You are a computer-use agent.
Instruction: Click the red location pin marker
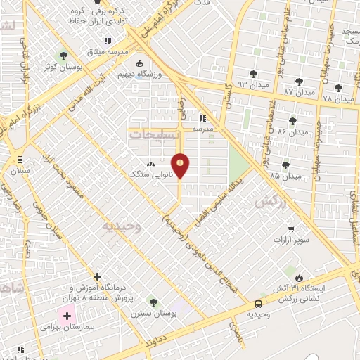coord(181,165)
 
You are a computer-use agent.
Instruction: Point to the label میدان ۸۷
coord(298,91)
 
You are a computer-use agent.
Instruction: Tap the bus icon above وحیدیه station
coord(258,304)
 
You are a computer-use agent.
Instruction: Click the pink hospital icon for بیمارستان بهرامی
coord(67,316)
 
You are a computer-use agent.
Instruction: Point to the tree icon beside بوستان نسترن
coord(153,302)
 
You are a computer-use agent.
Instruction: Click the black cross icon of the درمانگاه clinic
coord(97,277)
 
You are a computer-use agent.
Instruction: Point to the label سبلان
coord(20,170)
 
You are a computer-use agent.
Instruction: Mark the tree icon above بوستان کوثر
coord(64,55)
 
